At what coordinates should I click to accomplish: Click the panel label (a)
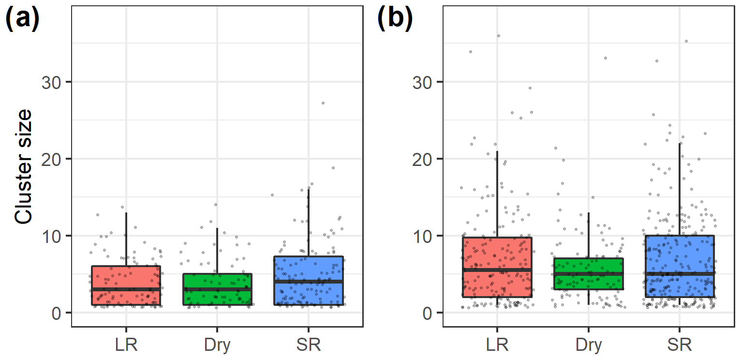pyautogui.click(x=22, y=20)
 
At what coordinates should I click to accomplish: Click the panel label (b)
pyautogui.click(x=394, y=20)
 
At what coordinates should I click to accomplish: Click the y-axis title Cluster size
pyautogui.click(x=23, y=167)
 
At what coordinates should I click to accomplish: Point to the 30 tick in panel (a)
pyautogui.click(x=55, y=82)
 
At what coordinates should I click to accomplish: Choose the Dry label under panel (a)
pyautogui.click(x=217, y=345)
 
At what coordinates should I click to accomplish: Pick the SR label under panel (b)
pyautogui.click(x=680, y=345)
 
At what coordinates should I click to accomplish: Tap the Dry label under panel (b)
pyautogui.click(x=589, y=345)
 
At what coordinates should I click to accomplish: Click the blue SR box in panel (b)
pyautogui.click(x=680, y=256)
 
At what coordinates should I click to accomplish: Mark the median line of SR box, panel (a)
pyautogui.click(x=308, y=281)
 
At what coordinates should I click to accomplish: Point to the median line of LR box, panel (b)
pyautogui.click(x=497, y=270)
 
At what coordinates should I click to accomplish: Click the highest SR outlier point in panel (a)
pyautogui.click(x=323, y=103)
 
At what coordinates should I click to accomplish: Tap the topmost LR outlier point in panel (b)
pyautogui.click(x=498, y=36)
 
